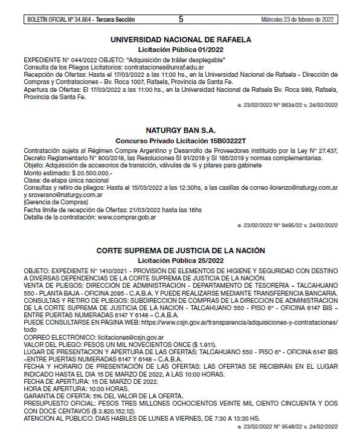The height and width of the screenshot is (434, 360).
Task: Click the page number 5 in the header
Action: coord(180,20)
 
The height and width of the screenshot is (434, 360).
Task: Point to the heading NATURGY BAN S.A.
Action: coord(181,130)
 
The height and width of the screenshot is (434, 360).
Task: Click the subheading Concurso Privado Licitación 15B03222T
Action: coord(181,140)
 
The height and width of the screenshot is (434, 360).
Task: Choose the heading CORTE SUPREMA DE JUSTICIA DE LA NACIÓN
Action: coord(181,250)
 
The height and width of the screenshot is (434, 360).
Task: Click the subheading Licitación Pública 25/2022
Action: coord(181,260)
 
